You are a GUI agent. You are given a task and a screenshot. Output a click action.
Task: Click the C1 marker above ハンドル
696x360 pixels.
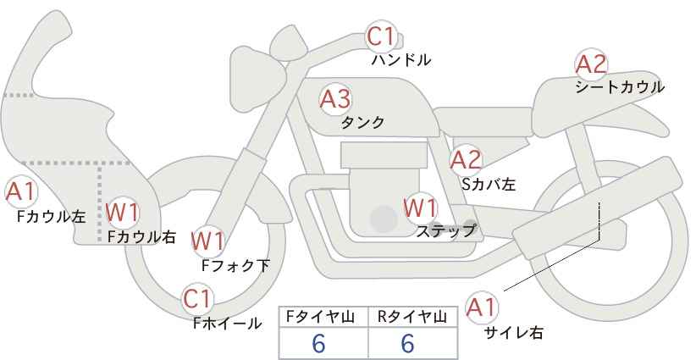pyautogui.click(x=381, y=36)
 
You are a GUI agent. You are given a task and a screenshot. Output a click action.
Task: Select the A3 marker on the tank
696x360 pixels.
pyautogui.click(x=335, y=99)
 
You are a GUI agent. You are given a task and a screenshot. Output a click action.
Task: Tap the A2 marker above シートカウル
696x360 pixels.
pyautogui.click(x=591, y=64)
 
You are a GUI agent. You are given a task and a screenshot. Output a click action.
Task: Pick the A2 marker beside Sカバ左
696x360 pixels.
pyautogui.click(x=466, y=160)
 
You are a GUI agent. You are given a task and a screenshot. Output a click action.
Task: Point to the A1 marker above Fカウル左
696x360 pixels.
pyautogui.click(x=21, y=192)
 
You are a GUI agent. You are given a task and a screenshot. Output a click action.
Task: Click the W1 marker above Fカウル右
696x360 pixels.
pyautogui.click(x=123, y=212)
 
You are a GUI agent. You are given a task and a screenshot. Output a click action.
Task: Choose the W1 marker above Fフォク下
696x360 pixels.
pyautogui.click(x=208, y=241)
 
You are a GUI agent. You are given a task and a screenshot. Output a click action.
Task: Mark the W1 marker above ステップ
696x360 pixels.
pyautogui.click(x=420, y=208)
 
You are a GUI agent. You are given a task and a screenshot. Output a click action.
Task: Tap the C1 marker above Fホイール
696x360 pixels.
pyautogui.click(x=197, y=299)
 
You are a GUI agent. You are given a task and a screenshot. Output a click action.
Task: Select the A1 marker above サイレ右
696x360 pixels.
pyautogui.click(x=482, y=307)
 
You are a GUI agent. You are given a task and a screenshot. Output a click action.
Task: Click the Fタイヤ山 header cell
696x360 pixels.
pyautogui.click(x=323, y=317)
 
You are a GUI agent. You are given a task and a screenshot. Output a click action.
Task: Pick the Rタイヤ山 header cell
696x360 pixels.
pyautogui.click(x=413, y=317)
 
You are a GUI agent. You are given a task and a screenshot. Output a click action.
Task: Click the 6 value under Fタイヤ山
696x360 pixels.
pyautogui.click(x=318, y=343)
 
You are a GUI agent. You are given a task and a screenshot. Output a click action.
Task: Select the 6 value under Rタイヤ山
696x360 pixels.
pyautogui.click(x=407, y=343)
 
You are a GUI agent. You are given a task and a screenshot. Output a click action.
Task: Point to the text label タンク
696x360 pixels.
pyautogui.click(x=362, y=123)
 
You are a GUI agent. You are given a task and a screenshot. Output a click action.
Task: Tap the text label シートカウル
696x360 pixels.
pyautogui.click(x=620, y=87)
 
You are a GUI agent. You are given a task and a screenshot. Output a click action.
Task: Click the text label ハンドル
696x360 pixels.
pyautogui.click(x=401, y=60)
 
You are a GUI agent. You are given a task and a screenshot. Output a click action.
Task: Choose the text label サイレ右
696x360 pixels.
pyautogui.click(x=514, y=333)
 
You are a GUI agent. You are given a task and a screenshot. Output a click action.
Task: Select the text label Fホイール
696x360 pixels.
pyautogui.click(x=228, y=324)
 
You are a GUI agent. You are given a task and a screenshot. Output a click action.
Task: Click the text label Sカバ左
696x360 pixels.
pyautogui.click(x=489, y=184)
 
